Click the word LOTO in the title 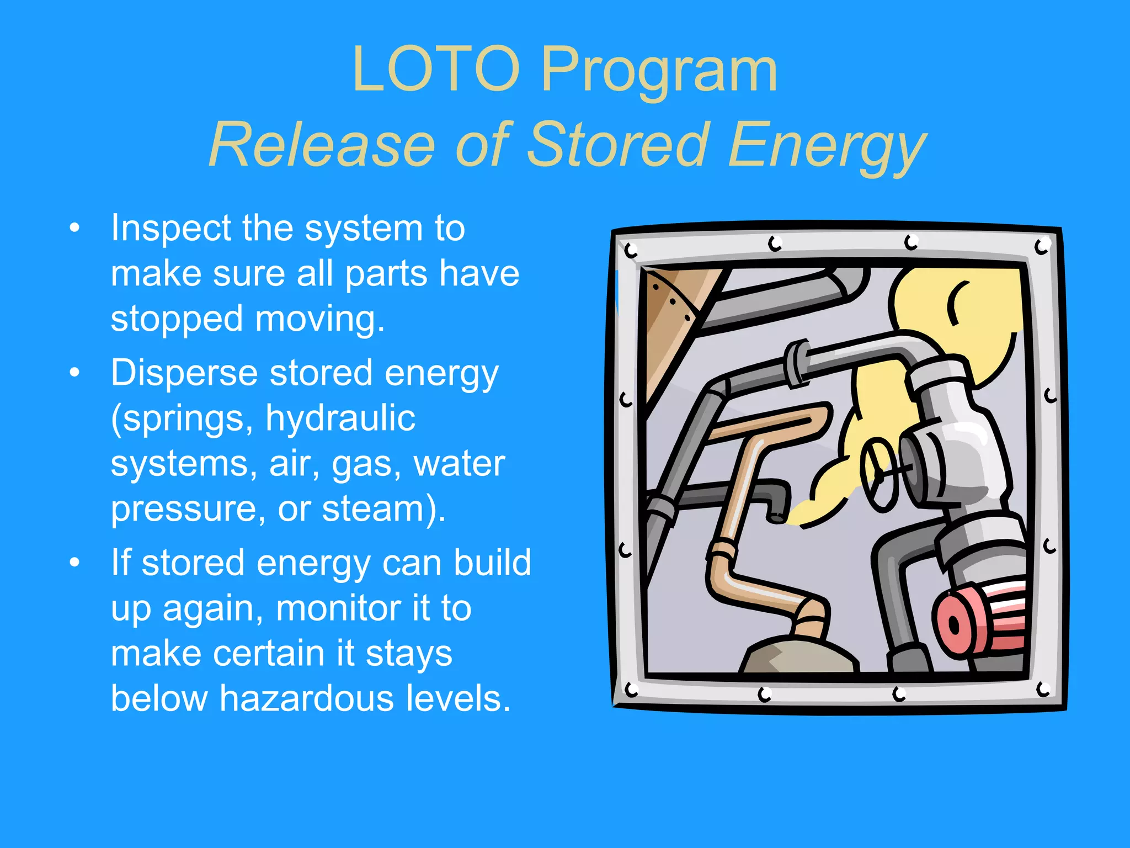click(x=436, y=70)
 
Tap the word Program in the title click(x=659, y=70)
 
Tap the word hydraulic click(x=340, y=418)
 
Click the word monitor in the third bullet click(x=338, y=608)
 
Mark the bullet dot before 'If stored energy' click(x=75, y=563)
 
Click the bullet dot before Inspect click(x=75, y=229)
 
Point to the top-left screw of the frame click(x=631, y=251)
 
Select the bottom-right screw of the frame click(x=1043, y=689)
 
